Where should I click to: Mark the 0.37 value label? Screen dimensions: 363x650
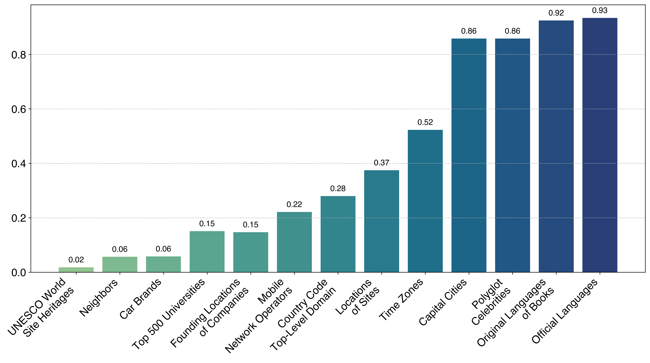(x=381, y=163)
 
